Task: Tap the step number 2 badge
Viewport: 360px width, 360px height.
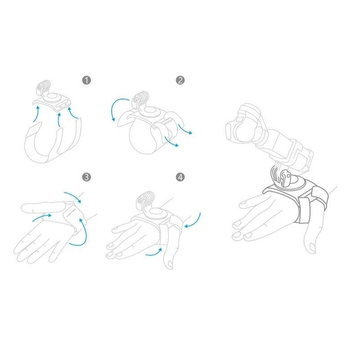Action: [180, 79]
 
